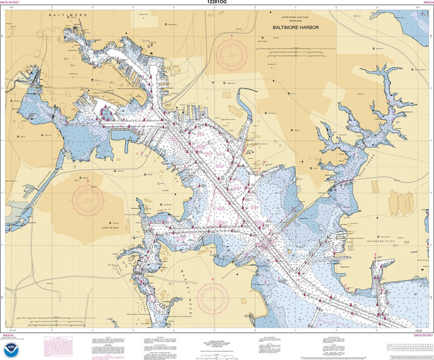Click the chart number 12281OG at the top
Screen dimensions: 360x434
coord(216,3)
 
